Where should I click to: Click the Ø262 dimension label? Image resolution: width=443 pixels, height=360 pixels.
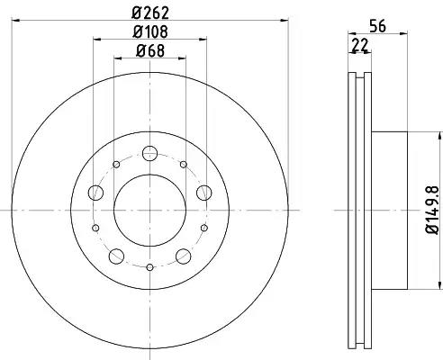[150, 13]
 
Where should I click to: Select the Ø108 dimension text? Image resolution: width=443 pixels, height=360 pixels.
[150, 31]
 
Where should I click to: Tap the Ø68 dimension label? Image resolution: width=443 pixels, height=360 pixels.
[150, 50]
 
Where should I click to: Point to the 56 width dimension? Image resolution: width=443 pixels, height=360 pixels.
[377, 26]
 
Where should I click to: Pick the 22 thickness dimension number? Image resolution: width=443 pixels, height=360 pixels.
[360, 46]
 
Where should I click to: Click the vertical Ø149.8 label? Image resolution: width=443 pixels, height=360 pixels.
[432, 210]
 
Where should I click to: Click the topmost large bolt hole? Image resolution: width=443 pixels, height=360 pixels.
[149, 153]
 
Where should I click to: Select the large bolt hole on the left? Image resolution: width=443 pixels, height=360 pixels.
[96, 193]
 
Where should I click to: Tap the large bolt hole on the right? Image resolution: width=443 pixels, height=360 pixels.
[204, 193]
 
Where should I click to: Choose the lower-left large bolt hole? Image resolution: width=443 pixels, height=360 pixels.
[117, 256]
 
